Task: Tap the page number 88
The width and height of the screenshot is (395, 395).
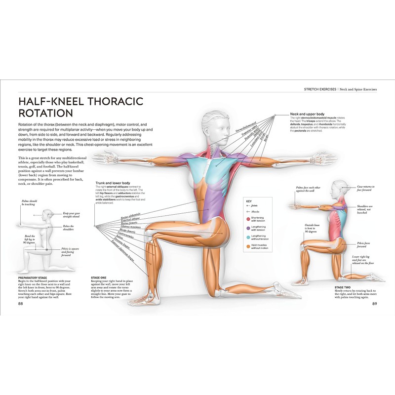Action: click(x=20, y=304)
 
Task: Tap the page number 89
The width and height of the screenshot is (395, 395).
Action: click(x=374, y=304)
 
